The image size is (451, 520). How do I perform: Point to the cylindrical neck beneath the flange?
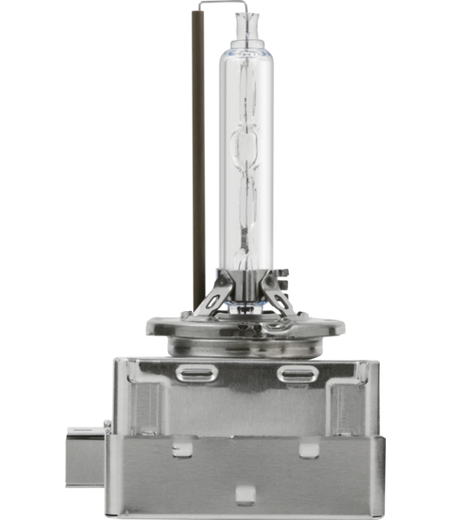pyautogui.click(x=245, y=346)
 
